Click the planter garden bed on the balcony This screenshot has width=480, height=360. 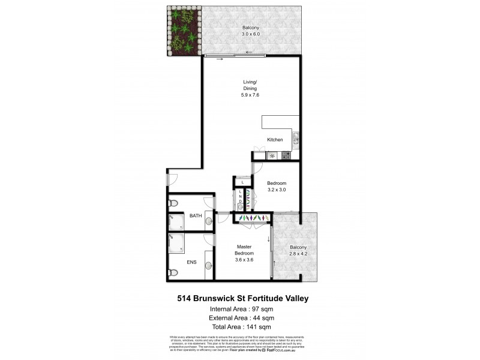183,32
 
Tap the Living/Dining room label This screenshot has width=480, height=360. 250,85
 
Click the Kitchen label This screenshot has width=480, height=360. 275,140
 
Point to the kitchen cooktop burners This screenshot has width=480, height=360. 286,156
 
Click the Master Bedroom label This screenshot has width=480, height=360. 244,250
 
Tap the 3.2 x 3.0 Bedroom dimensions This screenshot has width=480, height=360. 277,190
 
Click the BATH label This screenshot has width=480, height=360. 196,215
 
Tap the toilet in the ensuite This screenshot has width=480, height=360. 173,272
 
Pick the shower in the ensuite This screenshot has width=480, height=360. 176,242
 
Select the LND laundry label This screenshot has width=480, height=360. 240,197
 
